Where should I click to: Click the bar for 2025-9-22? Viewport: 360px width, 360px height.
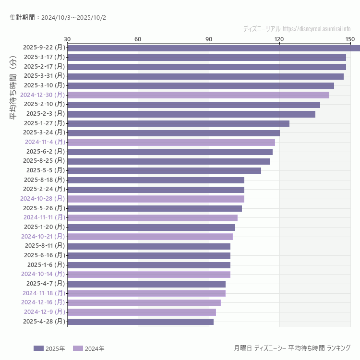214,48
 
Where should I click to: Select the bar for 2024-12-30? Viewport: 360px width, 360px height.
198,95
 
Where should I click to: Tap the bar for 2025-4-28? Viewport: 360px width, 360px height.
140,322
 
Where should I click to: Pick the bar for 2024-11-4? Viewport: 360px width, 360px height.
171,142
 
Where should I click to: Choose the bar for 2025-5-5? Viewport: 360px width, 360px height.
164,170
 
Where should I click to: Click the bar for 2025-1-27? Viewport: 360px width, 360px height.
178,123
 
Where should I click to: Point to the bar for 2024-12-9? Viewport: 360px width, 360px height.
142,312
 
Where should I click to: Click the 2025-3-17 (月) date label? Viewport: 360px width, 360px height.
44,57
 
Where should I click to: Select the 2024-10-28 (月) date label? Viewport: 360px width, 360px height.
42,198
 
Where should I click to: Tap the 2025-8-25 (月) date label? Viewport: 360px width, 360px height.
44,161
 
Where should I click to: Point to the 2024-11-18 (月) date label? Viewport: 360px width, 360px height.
44,293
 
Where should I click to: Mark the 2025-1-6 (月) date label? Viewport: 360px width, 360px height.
46,264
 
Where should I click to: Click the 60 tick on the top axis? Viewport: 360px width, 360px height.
138,39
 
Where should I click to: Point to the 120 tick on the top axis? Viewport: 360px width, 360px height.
279,39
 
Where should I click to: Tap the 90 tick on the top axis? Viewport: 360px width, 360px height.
209,39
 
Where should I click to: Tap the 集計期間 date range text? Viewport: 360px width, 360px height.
58,17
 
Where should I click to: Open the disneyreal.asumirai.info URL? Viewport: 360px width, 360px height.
316,29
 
